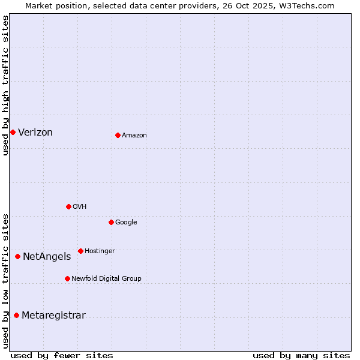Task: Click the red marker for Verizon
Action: (13, 132)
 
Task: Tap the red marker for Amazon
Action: (118, 135)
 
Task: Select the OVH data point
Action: (68, 206)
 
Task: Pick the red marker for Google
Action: (111, 222)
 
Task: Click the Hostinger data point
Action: (80, 251)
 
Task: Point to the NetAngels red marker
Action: (17, 256)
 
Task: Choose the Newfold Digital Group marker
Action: (67, 278)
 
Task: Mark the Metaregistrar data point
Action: (16, 315)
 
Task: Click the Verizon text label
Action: (35, 133)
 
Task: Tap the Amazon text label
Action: (134, 136)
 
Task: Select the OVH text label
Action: (80, 207)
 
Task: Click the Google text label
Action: (126, 223)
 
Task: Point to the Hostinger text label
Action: (100, 251)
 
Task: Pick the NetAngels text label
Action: (47, 257)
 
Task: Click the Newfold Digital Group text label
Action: (106, 279)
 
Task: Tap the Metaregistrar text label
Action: (53, 316)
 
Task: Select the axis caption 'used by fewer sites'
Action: (62, 355)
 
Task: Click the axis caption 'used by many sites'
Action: (301, 355)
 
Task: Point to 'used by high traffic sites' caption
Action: (5, 85)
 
